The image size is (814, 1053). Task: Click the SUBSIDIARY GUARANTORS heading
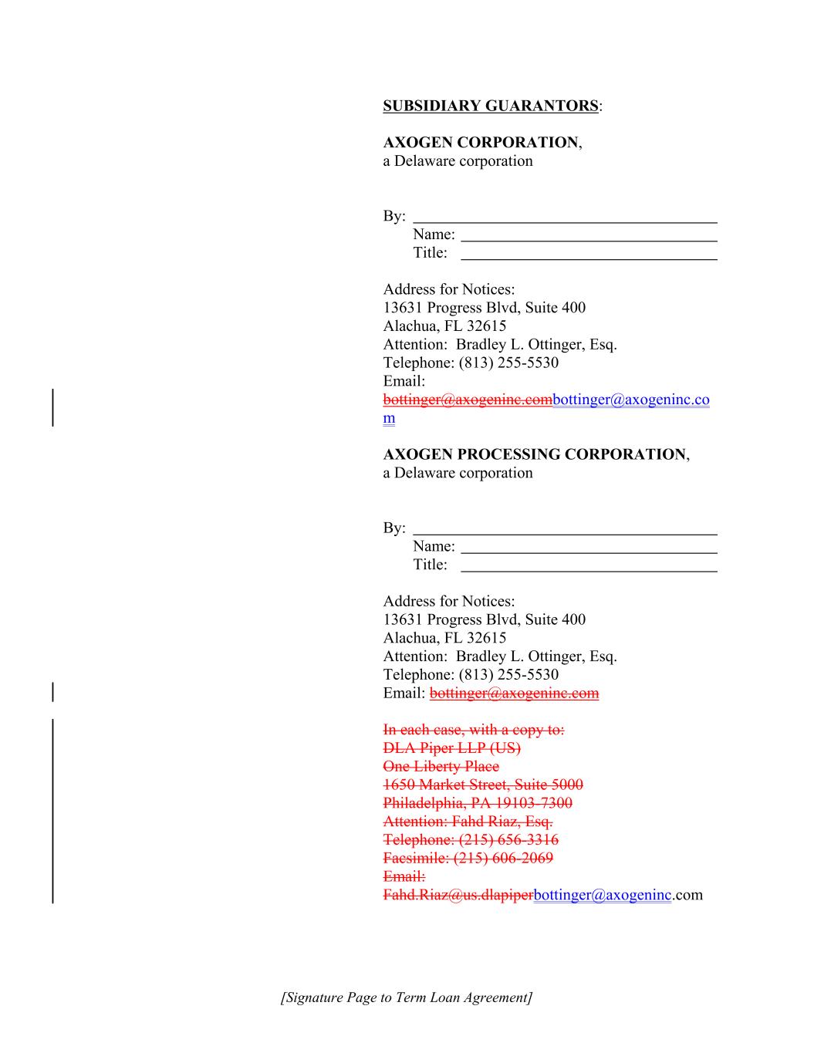click(491, 106)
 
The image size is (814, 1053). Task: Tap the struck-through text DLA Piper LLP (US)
click(451, 748)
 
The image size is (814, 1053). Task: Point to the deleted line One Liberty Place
click(441, 767)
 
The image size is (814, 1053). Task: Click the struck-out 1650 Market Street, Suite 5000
click(483, 785)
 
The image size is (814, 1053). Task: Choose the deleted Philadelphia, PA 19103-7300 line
click(478, 803)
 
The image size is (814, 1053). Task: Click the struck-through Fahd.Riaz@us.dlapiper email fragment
click(458, 895)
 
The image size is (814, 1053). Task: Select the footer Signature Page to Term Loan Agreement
click(407, 997)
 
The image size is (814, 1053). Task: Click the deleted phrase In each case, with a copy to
click(474, 730)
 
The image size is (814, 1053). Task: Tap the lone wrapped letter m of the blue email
click(389, 418)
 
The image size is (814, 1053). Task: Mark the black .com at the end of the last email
click(687, 895)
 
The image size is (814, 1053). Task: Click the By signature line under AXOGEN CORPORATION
click(565, 221)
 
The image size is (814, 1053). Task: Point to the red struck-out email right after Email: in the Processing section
click(514, 693)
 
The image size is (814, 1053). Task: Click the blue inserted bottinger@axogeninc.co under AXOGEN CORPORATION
click(631, 400)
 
